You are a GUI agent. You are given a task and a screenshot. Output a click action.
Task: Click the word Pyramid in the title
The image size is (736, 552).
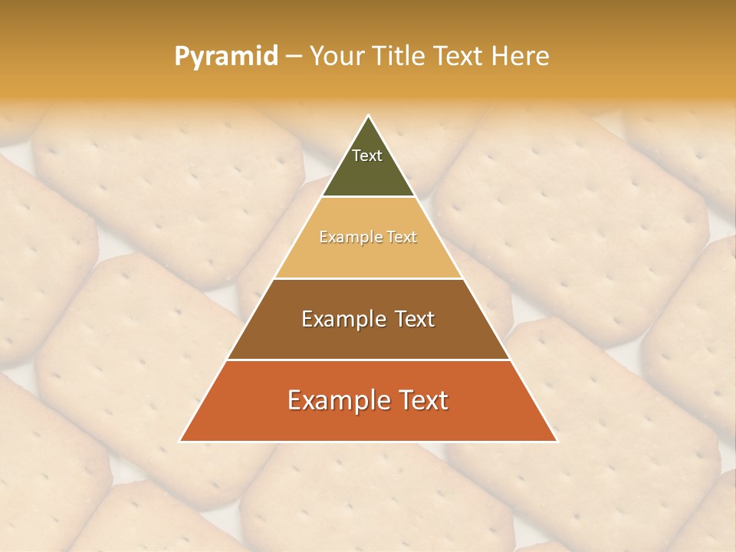[225, 56]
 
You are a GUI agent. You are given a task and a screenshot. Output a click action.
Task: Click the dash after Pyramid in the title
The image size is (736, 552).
[293, 57]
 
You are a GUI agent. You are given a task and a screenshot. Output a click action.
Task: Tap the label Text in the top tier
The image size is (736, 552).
[367, 156]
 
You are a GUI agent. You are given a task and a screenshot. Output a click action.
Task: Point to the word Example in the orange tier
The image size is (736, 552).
[333, 400]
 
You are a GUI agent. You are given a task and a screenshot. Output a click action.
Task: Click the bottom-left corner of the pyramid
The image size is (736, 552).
[180, 441]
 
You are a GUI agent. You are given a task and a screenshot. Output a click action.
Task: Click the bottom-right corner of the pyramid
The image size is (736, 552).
[557, 441]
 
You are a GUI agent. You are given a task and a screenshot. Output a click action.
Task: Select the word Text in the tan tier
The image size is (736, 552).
[400, 238]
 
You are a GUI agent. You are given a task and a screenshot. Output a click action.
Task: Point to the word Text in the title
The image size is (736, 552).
[458, 56]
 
